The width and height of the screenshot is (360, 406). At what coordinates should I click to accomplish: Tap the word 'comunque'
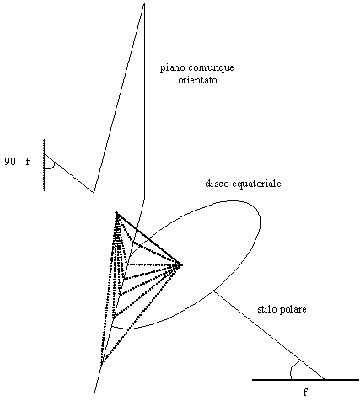coord(211,68)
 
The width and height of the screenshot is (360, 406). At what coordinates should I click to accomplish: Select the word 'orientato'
coord(198,80)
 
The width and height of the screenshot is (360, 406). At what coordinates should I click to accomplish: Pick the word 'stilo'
coord(266,309)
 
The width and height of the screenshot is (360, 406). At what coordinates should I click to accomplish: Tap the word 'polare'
coord(293,310)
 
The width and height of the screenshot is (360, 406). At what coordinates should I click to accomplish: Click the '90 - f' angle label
coord(17,162)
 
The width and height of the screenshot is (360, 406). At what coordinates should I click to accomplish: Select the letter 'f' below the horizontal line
coord(305,392)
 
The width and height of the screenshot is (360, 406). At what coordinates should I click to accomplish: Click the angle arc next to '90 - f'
coord(52,168)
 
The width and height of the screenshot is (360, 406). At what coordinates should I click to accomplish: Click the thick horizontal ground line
coord(305,380)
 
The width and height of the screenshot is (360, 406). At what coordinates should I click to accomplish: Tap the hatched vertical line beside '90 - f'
coord(44,165)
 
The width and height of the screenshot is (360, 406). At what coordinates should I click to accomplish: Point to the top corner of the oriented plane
coord(144,4)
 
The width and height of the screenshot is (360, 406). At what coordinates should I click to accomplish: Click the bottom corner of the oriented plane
coord(94,393)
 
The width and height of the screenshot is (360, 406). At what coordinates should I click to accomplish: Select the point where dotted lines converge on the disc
coord(181,264)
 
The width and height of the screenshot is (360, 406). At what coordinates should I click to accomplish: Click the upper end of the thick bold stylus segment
coord(117,213)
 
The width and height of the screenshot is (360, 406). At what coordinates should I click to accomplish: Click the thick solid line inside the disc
coord(149,239)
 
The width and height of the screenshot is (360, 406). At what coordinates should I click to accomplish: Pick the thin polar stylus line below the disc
coord(269,335)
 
